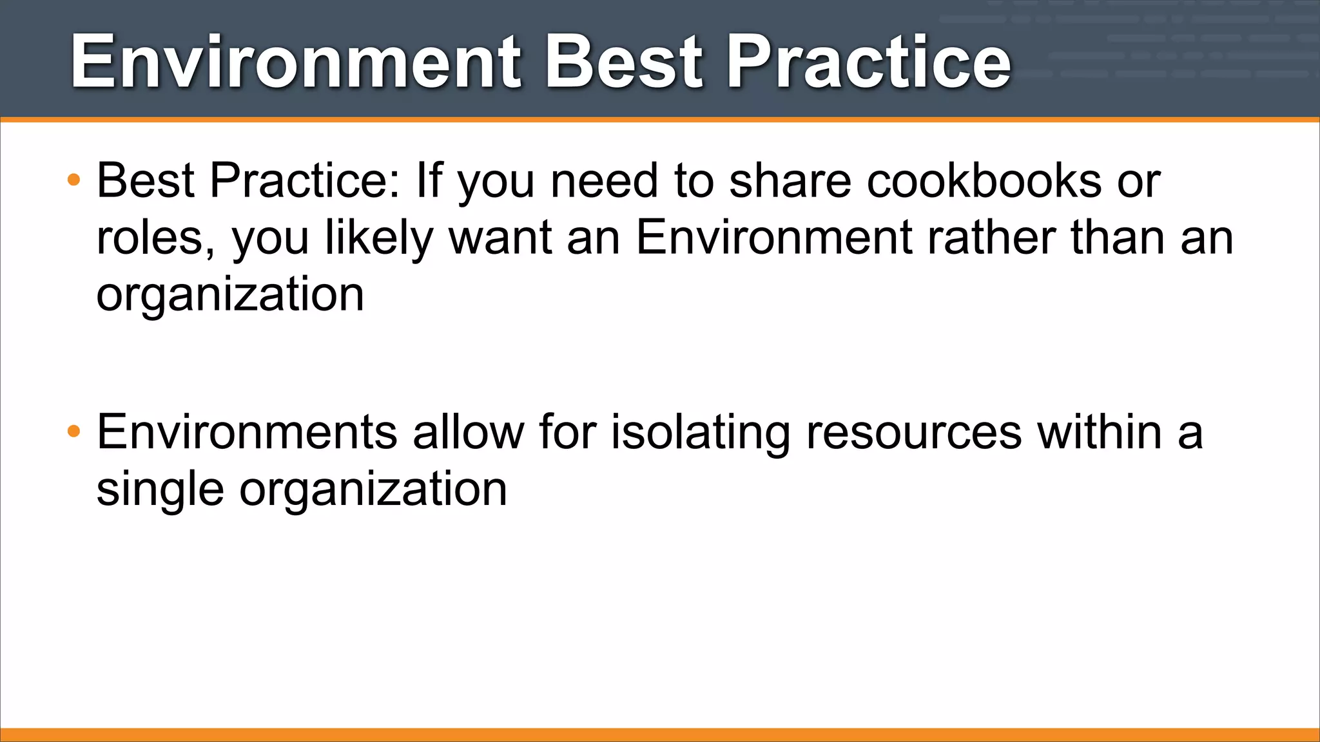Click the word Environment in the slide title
point(295,62)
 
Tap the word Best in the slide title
point(623,62)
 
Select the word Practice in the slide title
point(868,62)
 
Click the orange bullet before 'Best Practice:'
point(74,180)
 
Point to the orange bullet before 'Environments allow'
point(74,431)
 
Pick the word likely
point(378,237)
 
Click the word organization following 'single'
point(373,490)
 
